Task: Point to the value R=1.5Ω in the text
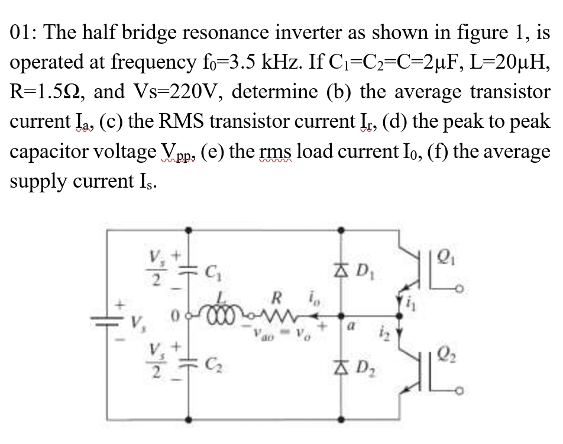click(48, 92)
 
